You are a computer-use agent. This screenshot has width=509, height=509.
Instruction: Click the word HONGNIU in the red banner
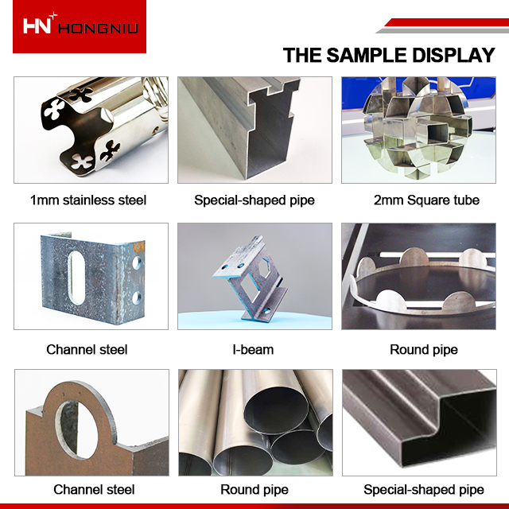pyautogui.click(x=98, y=29)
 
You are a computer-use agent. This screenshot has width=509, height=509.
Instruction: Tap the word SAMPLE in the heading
pyautogui.click(x=367, y=55)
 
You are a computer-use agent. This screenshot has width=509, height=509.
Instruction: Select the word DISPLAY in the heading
pyautogui.click(x=453, y=55)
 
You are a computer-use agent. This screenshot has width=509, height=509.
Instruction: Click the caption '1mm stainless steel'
pyautogui.click(x=88, y=200)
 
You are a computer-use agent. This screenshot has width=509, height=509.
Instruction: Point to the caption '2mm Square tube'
pyautogui.click(x=426, y=200)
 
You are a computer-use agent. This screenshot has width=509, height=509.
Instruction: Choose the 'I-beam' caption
pyautogui.click(x=253, y=350)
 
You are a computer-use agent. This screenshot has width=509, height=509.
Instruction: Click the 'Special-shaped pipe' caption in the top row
pyautogui.click(x=254, y=200)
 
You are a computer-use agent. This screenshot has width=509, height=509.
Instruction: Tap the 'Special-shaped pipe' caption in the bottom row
pyautogui.click(x=423, y=490)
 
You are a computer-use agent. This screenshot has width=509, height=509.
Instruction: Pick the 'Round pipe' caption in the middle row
pyautogui.click(x=423, y=350)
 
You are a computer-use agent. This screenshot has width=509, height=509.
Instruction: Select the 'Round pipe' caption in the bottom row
pyautogui.click(x=254, y=490)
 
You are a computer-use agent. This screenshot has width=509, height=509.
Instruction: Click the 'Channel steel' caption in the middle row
pyautogui.click(x=87, y=350)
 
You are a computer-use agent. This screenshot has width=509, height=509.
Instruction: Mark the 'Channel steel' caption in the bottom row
pyautogui.click(x=94, y=490)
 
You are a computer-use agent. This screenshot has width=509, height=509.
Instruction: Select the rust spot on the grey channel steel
pyautogui.click(x=138, y=247)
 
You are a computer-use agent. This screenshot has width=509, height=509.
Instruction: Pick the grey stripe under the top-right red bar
pyautogui.click(x=442, y=30)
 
